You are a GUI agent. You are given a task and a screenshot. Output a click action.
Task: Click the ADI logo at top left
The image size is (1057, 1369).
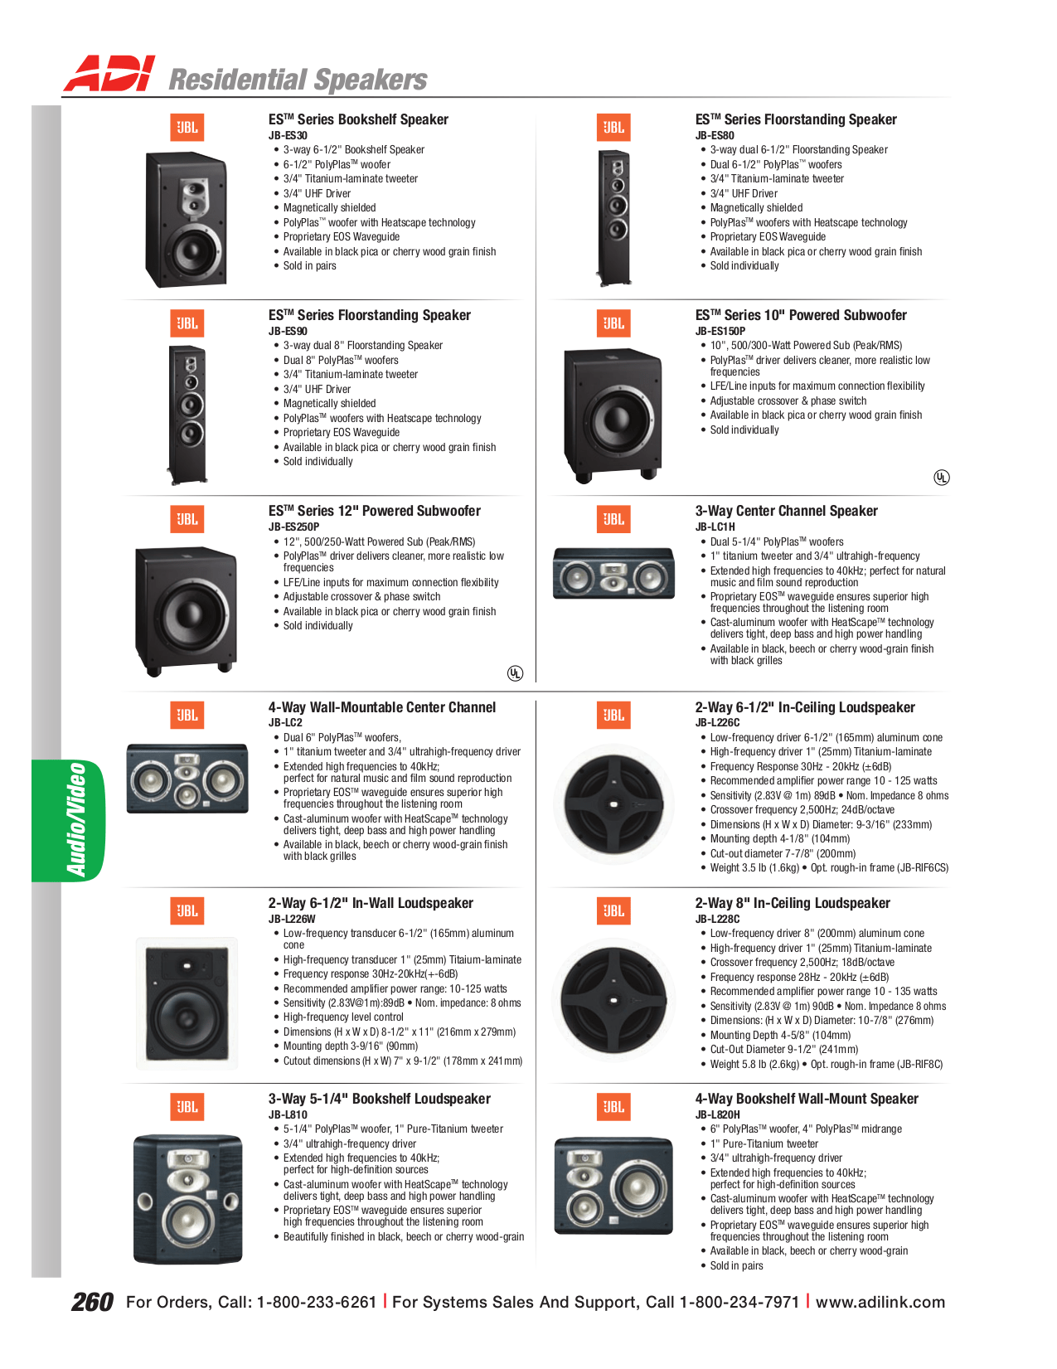pos(109,75)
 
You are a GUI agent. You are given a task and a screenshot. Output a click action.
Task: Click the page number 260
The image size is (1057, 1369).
pos(92,1302)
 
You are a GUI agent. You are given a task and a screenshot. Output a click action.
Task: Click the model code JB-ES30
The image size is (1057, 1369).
pos(288,135)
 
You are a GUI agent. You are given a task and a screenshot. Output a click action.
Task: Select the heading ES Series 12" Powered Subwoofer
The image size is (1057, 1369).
pos(374,511)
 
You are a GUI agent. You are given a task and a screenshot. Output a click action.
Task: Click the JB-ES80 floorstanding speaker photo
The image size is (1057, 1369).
pos(614,217)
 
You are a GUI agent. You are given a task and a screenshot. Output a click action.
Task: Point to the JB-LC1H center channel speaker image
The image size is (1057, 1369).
pos(613,574)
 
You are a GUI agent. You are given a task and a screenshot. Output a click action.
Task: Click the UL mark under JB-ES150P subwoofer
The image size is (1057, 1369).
pos(941,477)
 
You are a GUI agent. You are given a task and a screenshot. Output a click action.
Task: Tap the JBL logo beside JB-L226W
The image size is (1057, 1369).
pos(187,910)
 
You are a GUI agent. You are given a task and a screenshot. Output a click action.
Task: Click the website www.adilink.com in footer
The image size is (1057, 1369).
pos(880,1302)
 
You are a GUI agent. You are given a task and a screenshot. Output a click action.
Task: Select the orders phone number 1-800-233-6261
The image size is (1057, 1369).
pos(317,1302)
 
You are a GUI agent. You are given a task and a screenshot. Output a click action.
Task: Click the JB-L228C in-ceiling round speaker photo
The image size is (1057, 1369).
pos(613,1000)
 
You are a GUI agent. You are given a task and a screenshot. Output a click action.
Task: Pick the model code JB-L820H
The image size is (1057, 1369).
pos(717,1114)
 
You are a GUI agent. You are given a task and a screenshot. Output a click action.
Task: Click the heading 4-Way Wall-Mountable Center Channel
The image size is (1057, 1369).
pos(381,707)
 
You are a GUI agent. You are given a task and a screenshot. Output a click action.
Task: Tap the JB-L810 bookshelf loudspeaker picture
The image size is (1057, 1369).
pos(188,1199)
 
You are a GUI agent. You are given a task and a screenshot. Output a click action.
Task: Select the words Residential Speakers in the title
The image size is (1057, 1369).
pos(298,80)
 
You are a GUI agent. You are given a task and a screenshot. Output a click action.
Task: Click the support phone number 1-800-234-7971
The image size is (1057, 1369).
pos(739,1302)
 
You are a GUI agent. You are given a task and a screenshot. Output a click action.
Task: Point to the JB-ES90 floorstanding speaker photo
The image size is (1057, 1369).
pos(187,415)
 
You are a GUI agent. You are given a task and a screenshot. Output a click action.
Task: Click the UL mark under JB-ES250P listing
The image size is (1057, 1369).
pos(515,672)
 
